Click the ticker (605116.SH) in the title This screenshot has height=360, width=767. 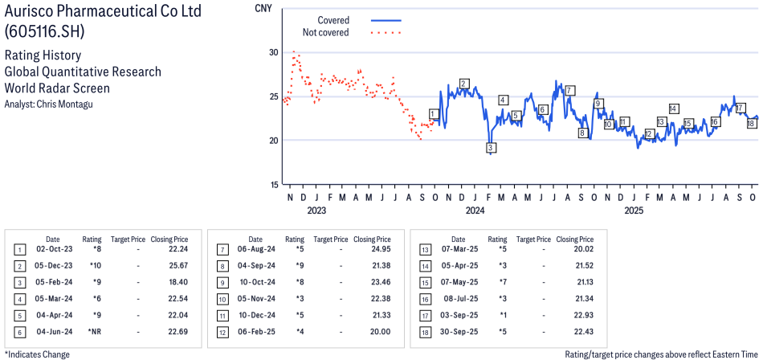pos(45,31)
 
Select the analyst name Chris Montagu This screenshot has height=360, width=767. pos(53,104)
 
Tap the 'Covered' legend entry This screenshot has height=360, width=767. pos(333,19)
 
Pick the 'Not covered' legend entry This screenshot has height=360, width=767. pos(325,32)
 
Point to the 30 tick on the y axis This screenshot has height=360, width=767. pos(273,52)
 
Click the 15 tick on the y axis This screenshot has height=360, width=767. pos(273,184)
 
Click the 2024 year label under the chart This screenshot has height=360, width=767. pos(475,211)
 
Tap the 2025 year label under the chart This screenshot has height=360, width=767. pos(634,211)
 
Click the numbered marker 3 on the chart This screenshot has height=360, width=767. pos(490,148)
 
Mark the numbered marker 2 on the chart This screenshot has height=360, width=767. pos(464,84)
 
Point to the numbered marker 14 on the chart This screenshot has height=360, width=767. pos(673,108)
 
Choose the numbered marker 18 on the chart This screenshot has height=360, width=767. pos(751,124)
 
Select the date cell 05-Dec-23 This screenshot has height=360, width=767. pos(53,264)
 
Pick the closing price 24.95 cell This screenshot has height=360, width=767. pos(372,248)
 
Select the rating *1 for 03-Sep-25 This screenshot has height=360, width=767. pos(498,315)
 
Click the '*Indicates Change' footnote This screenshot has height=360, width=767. pos(37,354)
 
